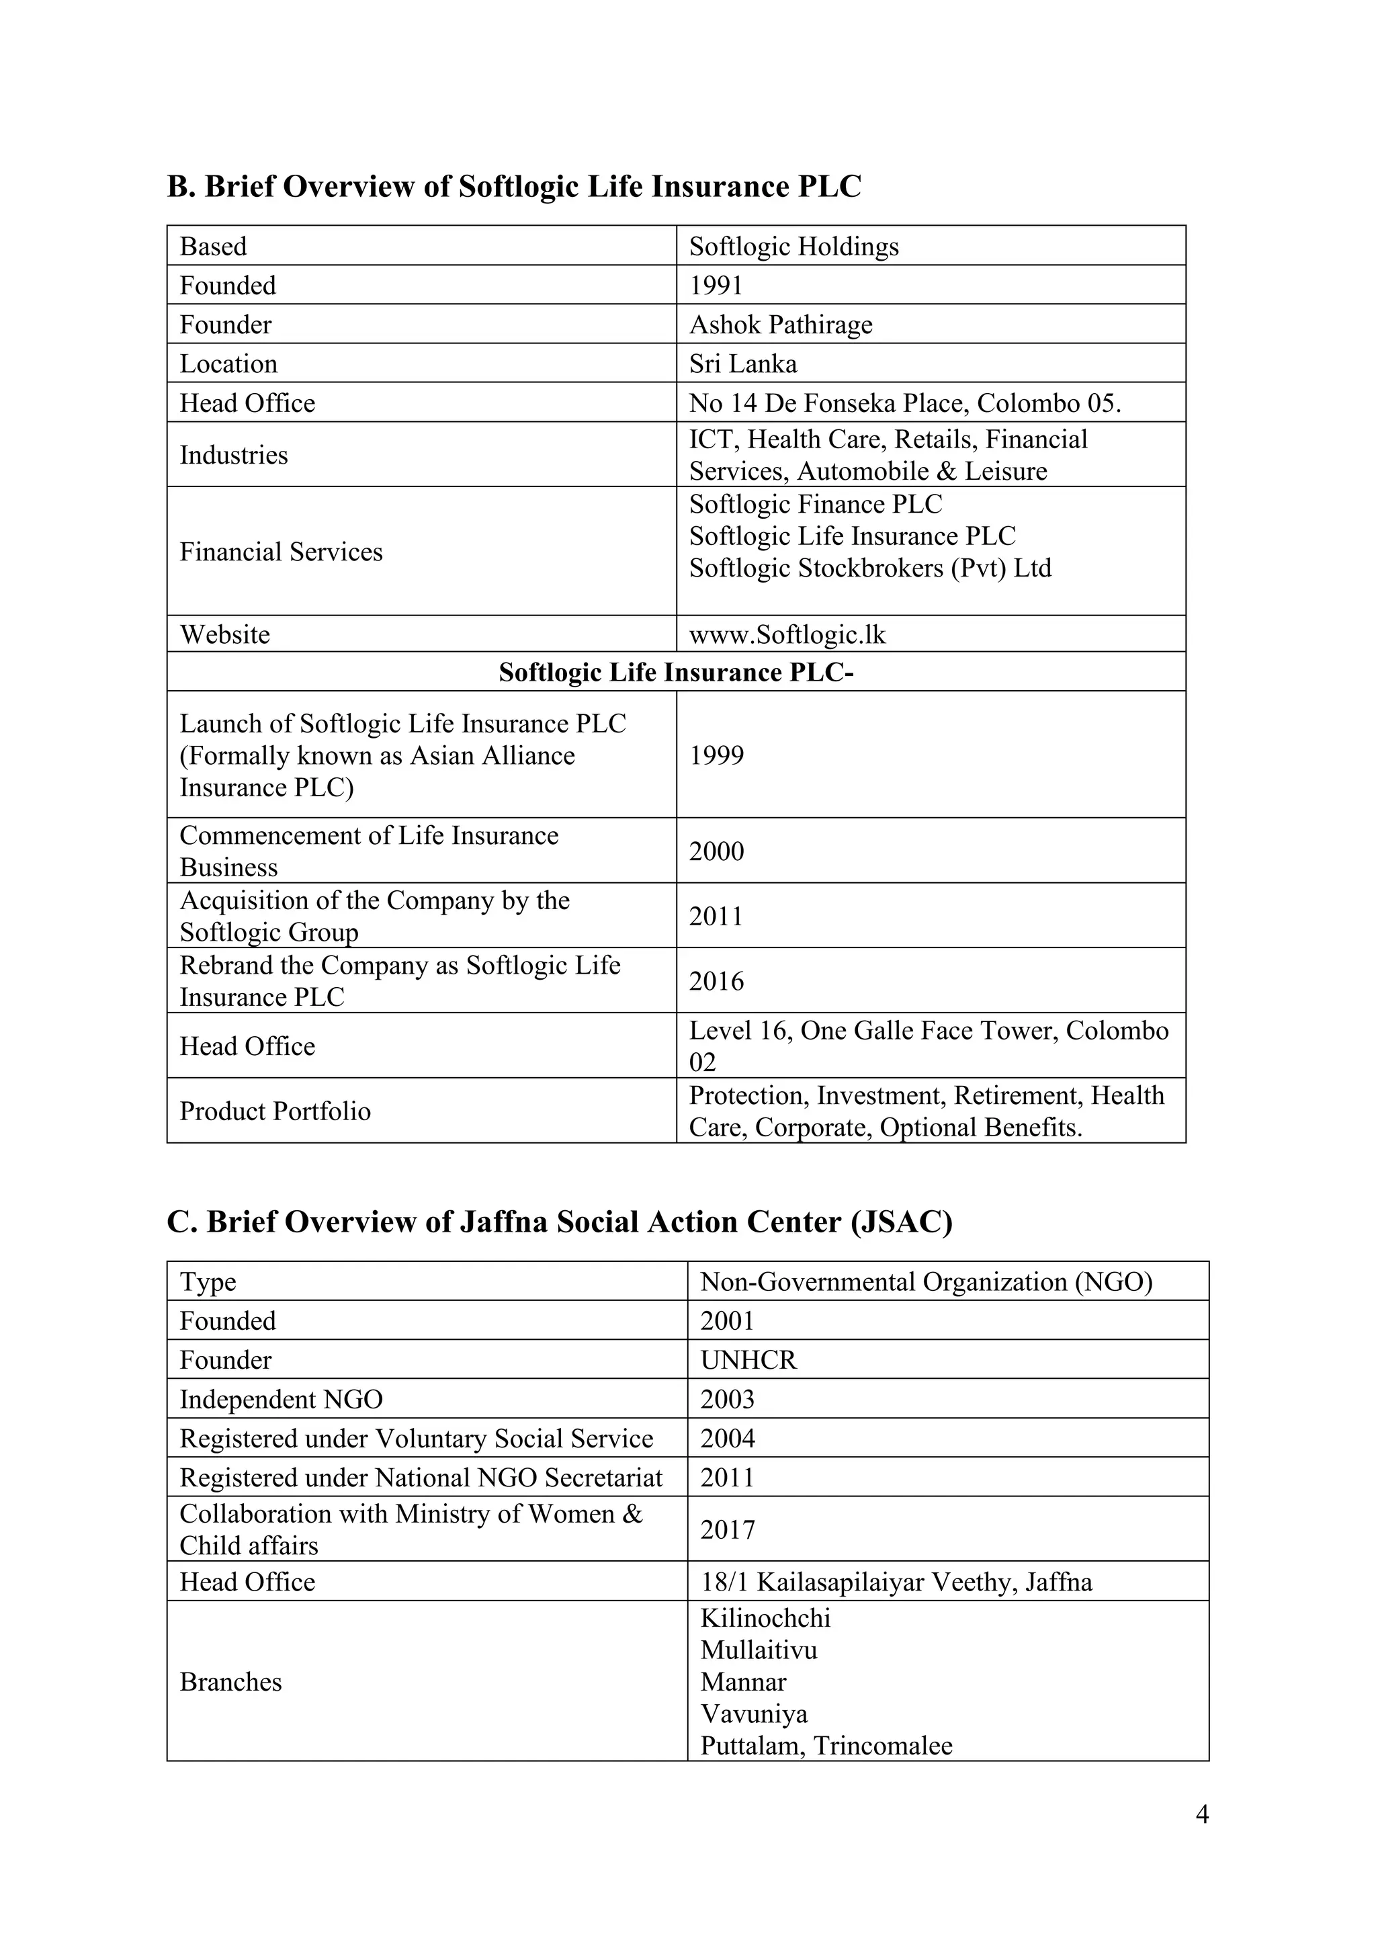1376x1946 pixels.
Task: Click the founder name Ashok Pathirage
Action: pos(780,325)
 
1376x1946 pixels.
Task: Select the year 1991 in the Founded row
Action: pos(716,286)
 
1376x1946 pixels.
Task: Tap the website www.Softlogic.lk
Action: pos(787,635)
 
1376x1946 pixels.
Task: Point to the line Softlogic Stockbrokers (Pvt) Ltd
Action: pos(869,568)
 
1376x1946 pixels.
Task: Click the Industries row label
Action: pos(234,455)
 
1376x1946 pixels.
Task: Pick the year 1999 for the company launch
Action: pos(716,755)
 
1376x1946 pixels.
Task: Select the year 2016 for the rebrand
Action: pos(716,982)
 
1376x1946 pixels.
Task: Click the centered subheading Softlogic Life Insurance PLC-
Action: pos(676,673)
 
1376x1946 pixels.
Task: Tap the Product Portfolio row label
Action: pos(275,1111)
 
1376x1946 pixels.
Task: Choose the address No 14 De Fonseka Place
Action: pos(904,403)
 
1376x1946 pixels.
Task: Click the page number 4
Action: pos(1201,1814)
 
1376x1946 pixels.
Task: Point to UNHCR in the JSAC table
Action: pos(748,1360)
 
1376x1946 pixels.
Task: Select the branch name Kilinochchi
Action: pos(765,1618)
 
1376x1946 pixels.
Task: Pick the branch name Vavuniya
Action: pos(754,1714)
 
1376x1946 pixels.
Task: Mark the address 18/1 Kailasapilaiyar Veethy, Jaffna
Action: pos(896,1582)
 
